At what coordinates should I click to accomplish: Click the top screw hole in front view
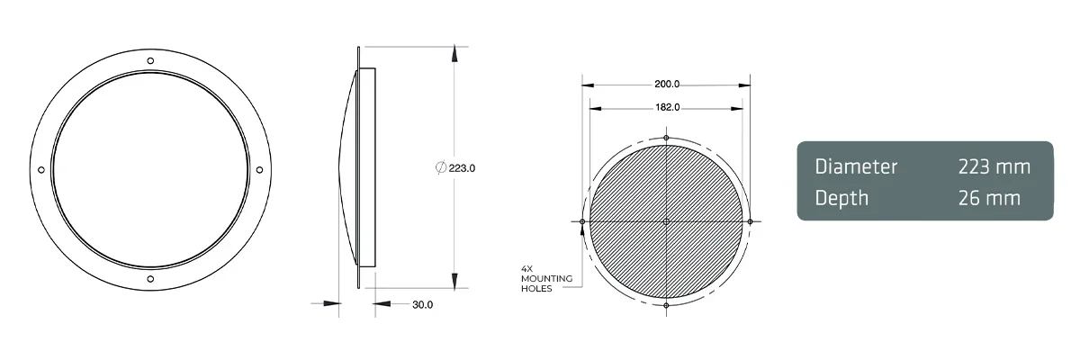[x=150, y=60]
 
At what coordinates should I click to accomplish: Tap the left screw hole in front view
[x=40, y=170]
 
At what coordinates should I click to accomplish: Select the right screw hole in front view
[x=260, y=170]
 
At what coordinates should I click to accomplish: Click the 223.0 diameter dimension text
[x=462, y=168]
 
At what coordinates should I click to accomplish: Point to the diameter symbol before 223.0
[x=440, y=168]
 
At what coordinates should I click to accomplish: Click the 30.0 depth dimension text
[x=423, y=305]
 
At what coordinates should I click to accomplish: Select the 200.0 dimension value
[x=666, y=85]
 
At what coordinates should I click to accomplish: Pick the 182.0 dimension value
[x=666, y=107]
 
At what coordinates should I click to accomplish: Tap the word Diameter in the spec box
[x=856, y=166]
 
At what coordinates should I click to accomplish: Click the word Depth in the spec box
[x=841, y=198]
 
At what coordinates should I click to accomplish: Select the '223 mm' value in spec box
[x=994, y=166]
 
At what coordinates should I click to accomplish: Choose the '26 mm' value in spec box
[x=990, y=198]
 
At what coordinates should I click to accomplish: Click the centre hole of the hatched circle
[x=666, y=221]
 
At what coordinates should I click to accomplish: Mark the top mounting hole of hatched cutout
[x=666, y=138]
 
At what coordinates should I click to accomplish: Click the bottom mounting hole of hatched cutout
[x=666, y=305]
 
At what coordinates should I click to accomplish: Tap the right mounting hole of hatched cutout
[x=749, y=221]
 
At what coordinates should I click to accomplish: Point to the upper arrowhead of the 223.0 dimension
[x=455, y=54]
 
